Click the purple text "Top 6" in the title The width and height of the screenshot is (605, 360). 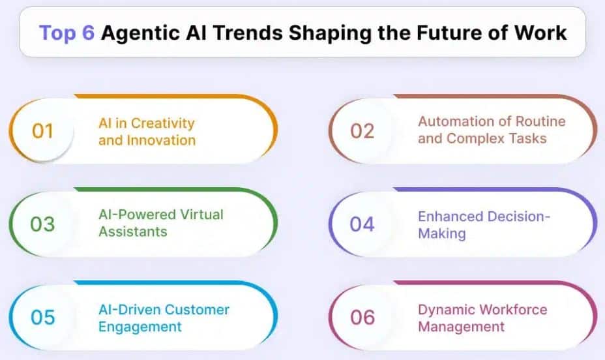67,33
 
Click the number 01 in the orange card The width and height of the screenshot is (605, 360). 42,131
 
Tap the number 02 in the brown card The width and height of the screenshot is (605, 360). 362,130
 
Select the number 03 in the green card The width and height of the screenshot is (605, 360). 42,224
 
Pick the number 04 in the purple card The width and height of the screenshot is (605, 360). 362,224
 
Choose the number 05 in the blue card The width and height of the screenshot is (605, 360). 42,318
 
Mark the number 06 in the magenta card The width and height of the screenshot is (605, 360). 362,318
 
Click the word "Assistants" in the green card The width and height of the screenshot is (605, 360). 133,232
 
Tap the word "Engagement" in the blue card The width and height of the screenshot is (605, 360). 140,326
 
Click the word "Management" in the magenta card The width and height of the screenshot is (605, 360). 462,326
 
